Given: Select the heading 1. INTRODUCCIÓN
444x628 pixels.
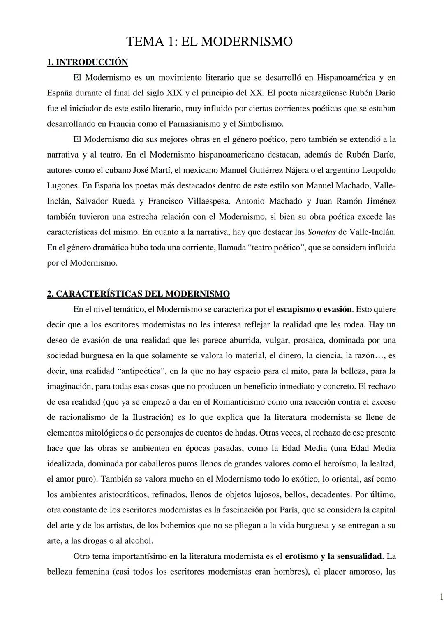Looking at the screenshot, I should [x=87, y=62].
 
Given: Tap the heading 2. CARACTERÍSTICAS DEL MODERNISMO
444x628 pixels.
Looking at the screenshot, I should [x=138, y=294].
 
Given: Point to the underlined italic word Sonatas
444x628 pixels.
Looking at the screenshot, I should [x=321, y=232].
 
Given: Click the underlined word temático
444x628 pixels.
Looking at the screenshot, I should [x=128, y=309].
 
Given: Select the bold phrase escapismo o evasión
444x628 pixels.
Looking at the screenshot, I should [x=314, y=309].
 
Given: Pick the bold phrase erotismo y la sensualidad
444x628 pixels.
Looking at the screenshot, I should [x=333, y=556].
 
